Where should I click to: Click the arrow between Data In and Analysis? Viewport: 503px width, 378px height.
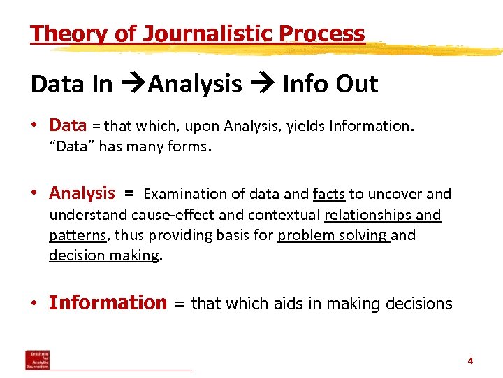pyautogui.click(x=131, y=85)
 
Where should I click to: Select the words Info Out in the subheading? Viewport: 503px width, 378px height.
pyautogui.click(x=330, y=84)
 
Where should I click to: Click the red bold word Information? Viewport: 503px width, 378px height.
pyautogui.click(x=108, y=303)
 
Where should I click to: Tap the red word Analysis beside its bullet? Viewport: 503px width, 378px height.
pyautogui.click(x=82, y=193)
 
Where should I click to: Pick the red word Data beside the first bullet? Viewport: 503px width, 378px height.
pyautogui.click(x=68, y=126)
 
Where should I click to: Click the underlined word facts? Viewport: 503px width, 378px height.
pyautogui.click(x=329, y=194)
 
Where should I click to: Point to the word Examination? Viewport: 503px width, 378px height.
pyautogui.click(x=185, y=194)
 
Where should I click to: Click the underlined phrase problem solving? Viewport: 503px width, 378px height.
pyautogui.click(x=333, y=235)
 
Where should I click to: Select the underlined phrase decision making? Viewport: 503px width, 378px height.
pyautogui.click(x=104, y=255)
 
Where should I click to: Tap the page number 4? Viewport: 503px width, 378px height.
pyautogui.click(x=470, y=361)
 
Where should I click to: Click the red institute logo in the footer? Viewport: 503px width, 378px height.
pyautogui.click(x=38, y=359)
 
